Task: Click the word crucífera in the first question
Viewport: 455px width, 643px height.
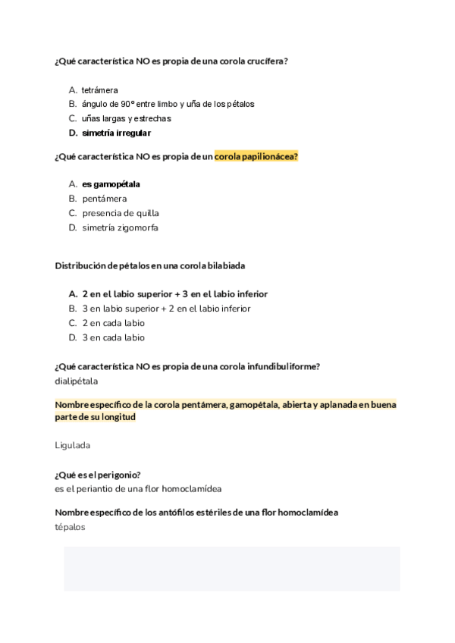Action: point(266,61)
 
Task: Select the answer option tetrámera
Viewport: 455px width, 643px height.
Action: point(99,90)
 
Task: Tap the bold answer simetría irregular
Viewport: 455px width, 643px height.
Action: point(116,133)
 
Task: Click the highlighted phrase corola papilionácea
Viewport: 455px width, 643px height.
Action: point(256,157)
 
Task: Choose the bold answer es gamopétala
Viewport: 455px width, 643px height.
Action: point(111,184)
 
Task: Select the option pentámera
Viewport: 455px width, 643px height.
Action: point(105,199)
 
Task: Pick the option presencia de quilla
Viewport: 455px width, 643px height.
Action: point(121,213)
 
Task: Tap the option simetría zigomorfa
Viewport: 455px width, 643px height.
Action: point(121,227)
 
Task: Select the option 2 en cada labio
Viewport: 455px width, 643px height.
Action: point(113,323)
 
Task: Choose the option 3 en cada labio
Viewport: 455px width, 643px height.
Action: point(113,337)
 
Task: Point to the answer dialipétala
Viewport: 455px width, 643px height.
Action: point(76,381)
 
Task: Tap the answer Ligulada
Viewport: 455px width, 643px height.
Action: point(73,445)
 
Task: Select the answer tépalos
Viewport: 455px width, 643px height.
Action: point(71,527)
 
